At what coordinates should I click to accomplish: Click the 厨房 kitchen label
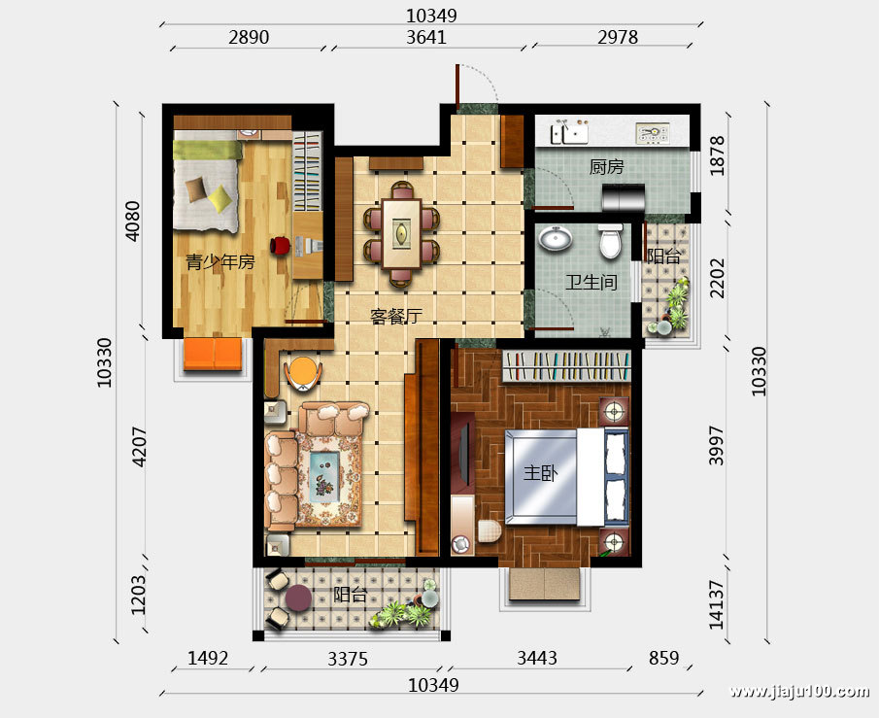point(606,166)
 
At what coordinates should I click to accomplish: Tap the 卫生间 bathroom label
point(591,282)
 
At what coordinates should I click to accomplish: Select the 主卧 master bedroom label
point(540,473)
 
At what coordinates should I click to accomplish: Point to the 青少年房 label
point(220,261)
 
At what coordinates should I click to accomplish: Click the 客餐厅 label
point(395,317)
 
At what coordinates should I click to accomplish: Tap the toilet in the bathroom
point(610,241)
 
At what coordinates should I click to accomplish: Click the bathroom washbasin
point(556,238)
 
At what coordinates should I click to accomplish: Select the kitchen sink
point(568,131)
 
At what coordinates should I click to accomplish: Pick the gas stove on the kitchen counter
point(653,133)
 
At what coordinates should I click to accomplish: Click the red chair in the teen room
point(281,245)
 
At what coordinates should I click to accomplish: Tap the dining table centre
point(401,233)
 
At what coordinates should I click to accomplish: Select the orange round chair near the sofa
point(303,372)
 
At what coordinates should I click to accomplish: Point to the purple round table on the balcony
point(297,598)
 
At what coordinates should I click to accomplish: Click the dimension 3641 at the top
point(426,37)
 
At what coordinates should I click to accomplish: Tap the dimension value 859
point(663,658)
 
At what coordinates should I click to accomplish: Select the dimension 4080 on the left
point(132,221)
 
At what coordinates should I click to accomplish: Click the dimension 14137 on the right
point(717,604)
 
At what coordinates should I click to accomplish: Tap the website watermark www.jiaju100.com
point(798,691)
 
